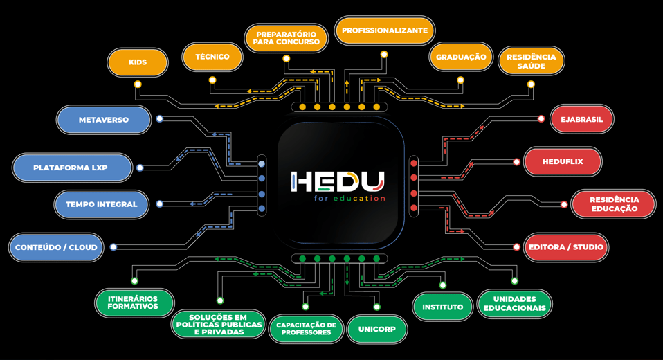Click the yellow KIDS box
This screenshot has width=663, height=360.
(x=138, y=62)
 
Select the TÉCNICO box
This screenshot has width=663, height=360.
(x=212, y=57)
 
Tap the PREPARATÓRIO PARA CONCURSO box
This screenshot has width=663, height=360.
(x=287, y=37)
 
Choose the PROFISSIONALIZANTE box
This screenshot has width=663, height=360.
(x=385, y=30)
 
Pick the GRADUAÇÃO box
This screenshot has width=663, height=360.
(x=460, y=57)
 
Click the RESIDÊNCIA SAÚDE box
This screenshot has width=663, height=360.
(x=531, y=61)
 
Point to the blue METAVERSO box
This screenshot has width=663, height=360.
(x=104, y=120)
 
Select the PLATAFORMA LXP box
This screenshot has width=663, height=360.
(x=72, y=168)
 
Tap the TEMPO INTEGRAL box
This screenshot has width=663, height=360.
(x=102, y=204)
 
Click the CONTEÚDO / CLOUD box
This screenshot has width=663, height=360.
(x=56, y=247)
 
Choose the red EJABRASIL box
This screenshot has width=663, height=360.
(x=582, y=119)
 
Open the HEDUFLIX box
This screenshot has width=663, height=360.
(x=563, y=161)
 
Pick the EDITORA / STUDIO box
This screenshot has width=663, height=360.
(x=565, y=247)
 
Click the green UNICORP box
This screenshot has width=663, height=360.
(x=377, y=329)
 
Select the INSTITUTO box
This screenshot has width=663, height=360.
(x=442, y=307)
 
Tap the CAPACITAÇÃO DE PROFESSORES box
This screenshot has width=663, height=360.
(x=306, y=329)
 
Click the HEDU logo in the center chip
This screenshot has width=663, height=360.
(x=337, y=182)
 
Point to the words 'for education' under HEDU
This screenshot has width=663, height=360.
(x=349, y=199)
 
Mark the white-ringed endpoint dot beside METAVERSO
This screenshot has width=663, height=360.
(x=160, y=119)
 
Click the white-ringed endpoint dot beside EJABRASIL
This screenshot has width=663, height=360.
(x=541, y=119)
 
